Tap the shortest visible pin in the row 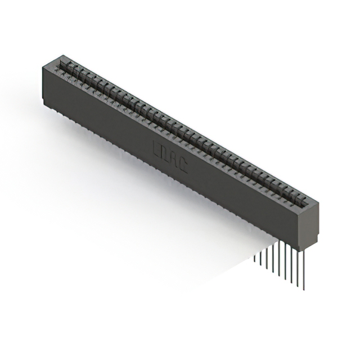[x=255, y=258]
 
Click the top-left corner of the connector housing [x=44, y=66]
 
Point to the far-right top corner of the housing [x=318, y=201]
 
